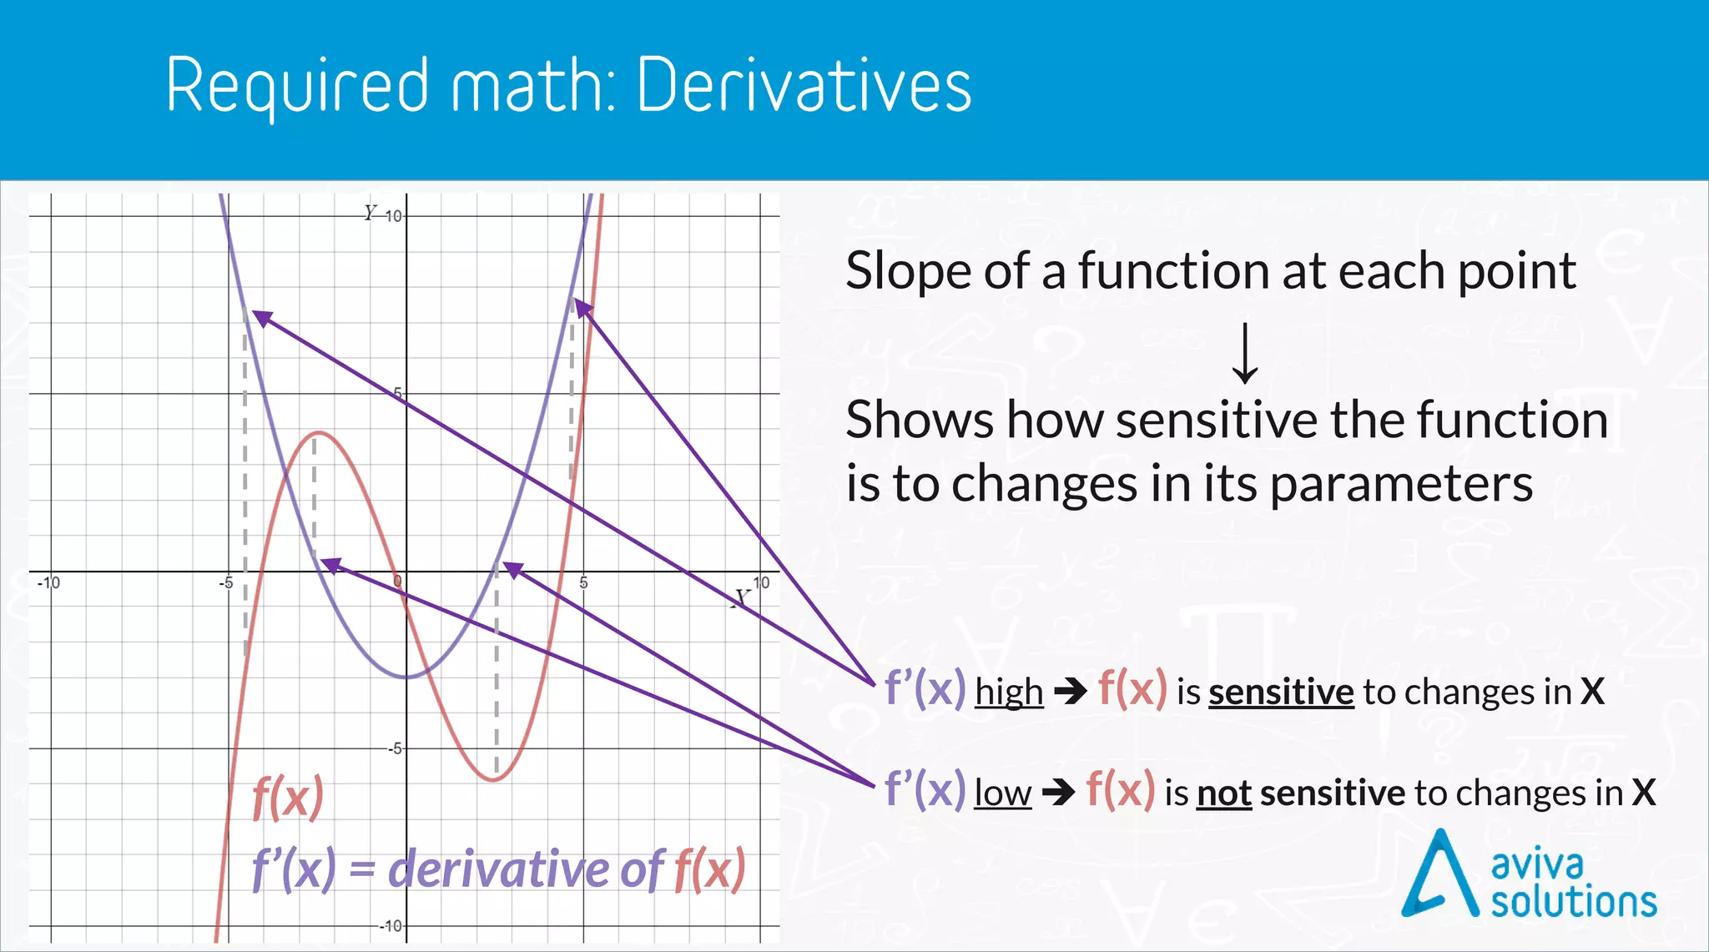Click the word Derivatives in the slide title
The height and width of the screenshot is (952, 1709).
tap(804, 86)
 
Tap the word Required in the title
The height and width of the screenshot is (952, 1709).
tap(297, 86)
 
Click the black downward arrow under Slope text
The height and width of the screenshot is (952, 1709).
tap(1245, 354)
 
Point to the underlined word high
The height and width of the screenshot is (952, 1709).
tap(1009, 692)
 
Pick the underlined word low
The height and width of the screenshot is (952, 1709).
tap(1002, 793)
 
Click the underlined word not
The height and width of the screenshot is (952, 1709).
tap(1223, 793)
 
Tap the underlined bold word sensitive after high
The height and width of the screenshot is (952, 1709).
tap(1280, 692)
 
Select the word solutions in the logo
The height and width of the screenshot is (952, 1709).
tap(1574, 902)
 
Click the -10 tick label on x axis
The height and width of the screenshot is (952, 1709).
tap(48, 582)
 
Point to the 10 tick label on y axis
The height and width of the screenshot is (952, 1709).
tap(392, 216)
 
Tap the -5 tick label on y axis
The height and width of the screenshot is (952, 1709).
tap(394, 748)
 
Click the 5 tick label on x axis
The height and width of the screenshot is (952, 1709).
tap(583, 582)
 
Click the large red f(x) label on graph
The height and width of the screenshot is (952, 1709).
tap(288, 798)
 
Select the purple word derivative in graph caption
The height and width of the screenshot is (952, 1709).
tap(499, 869)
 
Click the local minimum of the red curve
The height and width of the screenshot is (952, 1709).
tap(494, 780)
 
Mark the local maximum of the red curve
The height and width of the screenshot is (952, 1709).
tap(318, 432)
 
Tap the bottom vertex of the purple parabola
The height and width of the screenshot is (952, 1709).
tap(406, 677)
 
